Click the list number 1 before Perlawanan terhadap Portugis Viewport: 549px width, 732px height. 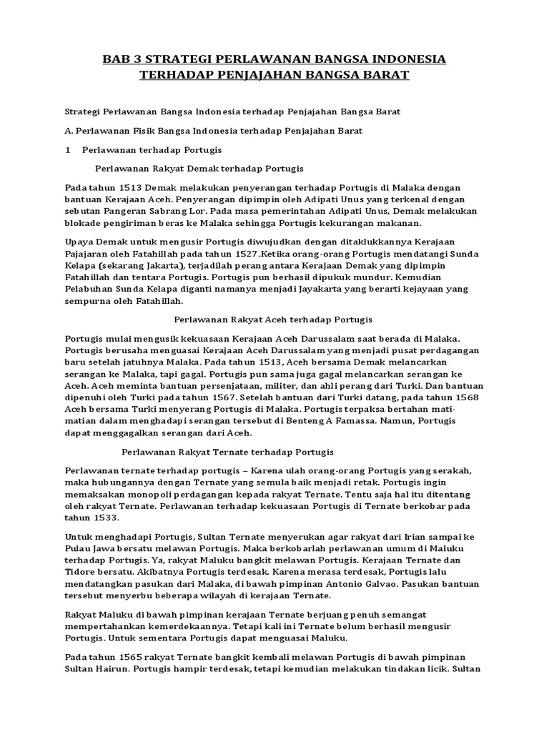pos(67,150)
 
